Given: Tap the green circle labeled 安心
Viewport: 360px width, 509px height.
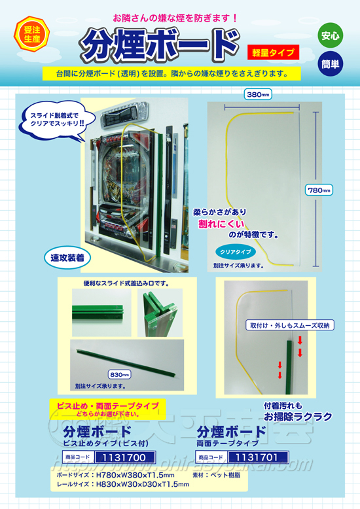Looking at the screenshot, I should coord(330,36).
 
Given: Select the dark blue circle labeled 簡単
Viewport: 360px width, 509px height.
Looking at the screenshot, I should coord(330,65).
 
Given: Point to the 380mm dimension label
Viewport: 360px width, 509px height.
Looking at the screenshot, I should coord(257,94).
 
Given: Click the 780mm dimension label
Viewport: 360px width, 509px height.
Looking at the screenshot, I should coord(319,190).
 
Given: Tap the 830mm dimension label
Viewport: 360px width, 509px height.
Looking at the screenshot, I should coord(119,374).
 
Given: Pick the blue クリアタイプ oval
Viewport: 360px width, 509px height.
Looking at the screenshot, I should coord(234,251).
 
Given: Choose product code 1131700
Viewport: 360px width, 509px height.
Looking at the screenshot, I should coord(124,457).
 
